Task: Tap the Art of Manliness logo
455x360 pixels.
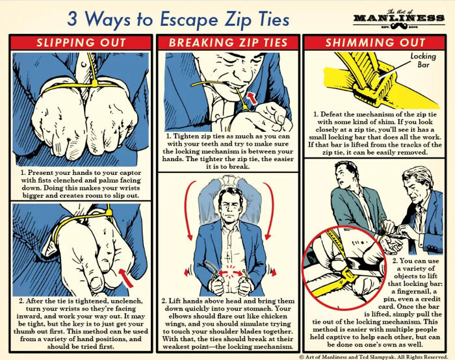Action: coord(399,18)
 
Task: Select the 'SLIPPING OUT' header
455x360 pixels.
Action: coord(81,44)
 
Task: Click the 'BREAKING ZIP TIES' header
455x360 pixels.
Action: coord(228,44)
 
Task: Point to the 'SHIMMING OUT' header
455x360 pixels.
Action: coord(375,44)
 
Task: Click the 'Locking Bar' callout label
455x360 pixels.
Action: coord(423,61)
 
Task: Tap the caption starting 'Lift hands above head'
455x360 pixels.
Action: coord(228,324)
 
